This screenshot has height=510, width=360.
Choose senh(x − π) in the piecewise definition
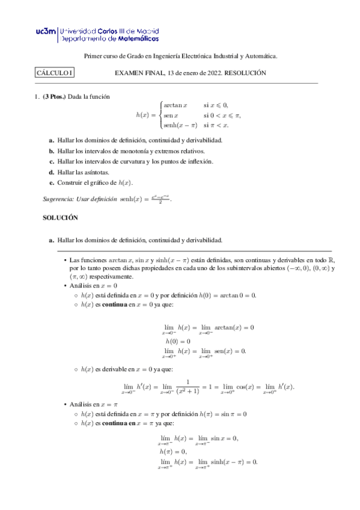181,125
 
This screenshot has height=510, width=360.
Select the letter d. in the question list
52,172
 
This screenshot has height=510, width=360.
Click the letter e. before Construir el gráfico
52,182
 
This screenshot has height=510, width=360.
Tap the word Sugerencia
60,198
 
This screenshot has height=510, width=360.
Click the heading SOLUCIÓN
60,218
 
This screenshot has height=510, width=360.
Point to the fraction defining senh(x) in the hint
159,198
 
